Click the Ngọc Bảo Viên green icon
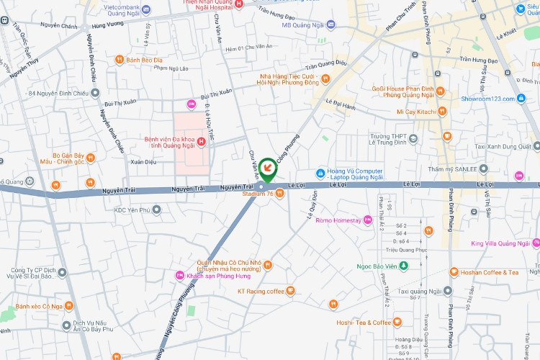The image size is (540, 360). click(404, 266)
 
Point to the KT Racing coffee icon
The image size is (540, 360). click(291, 291)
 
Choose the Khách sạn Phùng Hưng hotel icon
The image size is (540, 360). click(180, 275)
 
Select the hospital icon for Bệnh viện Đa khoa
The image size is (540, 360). click(202, 140)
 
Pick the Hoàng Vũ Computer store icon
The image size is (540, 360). click(321, 173)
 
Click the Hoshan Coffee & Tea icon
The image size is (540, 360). click(454, 272)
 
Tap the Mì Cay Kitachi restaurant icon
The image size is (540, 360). click(441, 112)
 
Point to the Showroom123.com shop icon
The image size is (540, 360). click(522, 99)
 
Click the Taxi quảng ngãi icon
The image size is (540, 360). click(448, 292)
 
